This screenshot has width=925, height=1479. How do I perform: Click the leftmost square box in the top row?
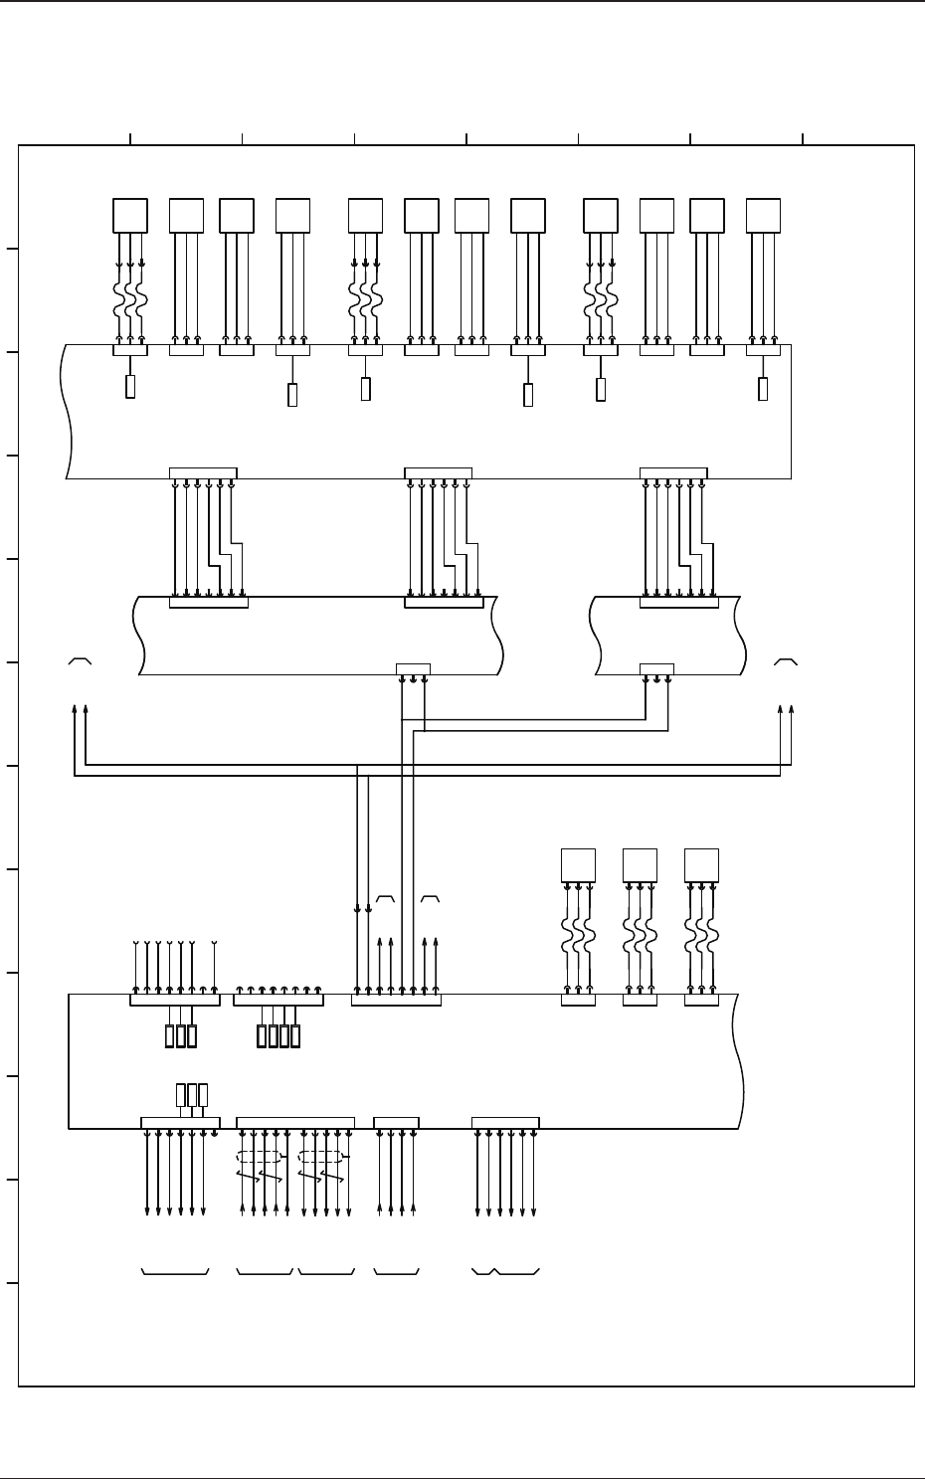[130, 216]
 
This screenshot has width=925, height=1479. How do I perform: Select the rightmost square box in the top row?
[763, 216]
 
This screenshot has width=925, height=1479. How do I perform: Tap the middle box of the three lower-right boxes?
[640, 865]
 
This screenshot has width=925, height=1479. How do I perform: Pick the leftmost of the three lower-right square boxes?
[578, 865]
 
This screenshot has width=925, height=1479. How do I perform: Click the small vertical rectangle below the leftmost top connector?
[130, 387]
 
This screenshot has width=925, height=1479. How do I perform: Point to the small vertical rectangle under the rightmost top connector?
[763, 389]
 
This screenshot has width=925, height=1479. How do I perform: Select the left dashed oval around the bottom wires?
[259, 1157]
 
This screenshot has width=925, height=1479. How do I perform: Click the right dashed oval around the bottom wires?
[320, 1157]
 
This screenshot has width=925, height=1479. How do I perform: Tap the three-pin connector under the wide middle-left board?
[413, 668]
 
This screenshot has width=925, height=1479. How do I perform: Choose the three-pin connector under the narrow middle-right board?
[656, 668]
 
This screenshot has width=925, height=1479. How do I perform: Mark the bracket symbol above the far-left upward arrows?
[81, 659]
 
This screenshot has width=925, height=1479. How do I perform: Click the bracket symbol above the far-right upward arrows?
[786, 659]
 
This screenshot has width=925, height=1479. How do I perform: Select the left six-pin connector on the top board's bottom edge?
[203, 471]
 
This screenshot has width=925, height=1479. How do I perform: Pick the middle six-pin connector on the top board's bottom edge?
[438, 471]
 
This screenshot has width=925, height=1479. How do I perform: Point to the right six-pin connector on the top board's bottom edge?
[673, 471]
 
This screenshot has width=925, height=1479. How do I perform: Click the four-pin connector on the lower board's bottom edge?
[396, 1123]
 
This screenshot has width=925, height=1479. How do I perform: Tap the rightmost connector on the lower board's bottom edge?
[505, 1123]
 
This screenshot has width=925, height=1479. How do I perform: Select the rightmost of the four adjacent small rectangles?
[295, 1035]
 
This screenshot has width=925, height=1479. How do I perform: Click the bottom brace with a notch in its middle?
[505, 1272]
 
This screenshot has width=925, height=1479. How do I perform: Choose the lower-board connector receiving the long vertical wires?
[396, 1000]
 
